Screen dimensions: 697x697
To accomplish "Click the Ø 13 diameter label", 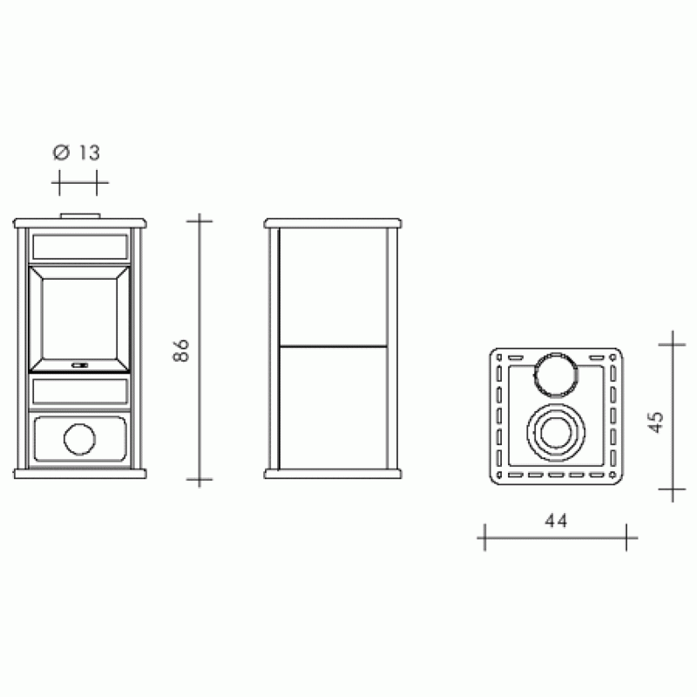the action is coord(77,152).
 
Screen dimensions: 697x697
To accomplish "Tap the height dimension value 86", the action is coord(181,350).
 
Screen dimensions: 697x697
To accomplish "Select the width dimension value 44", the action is coord(556,520).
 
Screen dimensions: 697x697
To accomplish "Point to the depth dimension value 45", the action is coord(656,422).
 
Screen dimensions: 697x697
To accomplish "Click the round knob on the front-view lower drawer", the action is coord(79,439).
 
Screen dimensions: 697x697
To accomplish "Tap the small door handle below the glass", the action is coord(79,365).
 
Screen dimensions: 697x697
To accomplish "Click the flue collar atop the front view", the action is coord(80,216).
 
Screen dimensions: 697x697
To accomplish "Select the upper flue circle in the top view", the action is coord(556,375).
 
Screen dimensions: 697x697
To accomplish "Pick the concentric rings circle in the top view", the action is coord(556,432).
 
